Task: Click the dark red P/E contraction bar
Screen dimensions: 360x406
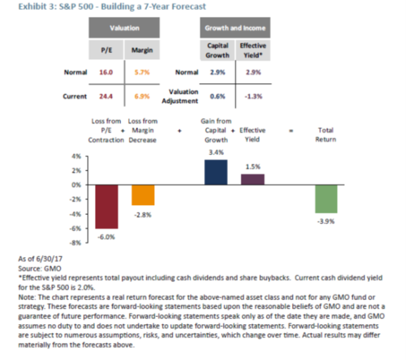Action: pyautogui.click(x=107, y=206)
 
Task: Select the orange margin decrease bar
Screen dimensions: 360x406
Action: pyautogui.click(x=144, y=195)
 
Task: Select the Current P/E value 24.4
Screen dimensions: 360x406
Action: pyautogui.click(x=106, y=96)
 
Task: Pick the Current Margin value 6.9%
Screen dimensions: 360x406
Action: pyautogui.click(x=143, y=96)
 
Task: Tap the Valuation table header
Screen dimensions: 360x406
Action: pyautogui.click(x=125, y=29)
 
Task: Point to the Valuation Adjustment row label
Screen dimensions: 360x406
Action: pyautogui.click(x=179, y=96)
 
